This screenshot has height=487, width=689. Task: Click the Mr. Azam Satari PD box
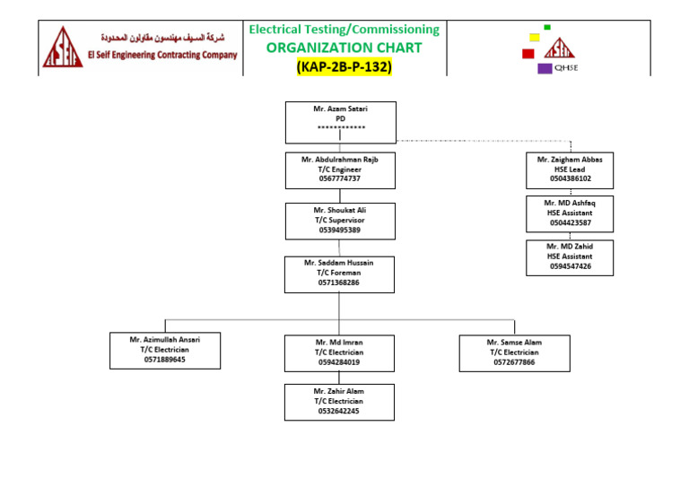[340, 123]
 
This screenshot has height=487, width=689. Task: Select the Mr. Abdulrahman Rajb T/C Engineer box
[339, 171]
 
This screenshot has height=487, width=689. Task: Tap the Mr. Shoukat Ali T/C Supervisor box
[339, 221]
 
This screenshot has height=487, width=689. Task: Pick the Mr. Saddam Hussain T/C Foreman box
[338, 274]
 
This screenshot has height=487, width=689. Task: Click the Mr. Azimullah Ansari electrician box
[164, 351]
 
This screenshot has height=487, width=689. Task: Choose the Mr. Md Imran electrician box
[338, 352]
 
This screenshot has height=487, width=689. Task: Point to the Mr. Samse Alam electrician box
[513, 352]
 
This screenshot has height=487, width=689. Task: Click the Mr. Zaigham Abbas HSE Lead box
[570, 170]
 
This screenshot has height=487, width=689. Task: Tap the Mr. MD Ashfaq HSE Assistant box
[570, 213]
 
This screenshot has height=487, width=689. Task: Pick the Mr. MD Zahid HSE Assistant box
[570, 257]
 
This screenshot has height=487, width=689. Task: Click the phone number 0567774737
[339, 179]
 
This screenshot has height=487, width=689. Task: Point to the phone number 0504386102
[570, 178]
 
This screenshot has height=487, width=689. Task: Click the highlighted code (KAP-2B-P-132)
[344, 66]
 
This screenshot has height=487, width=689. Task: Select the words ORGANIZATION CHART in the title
[344, 48]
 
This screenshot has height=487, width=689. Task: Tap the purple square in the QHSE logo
[545, 68]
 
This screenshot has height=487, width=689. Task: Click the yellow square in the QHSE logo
[535, 38]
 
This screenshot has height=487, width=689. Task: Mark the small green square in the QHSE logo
[547, 28]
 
